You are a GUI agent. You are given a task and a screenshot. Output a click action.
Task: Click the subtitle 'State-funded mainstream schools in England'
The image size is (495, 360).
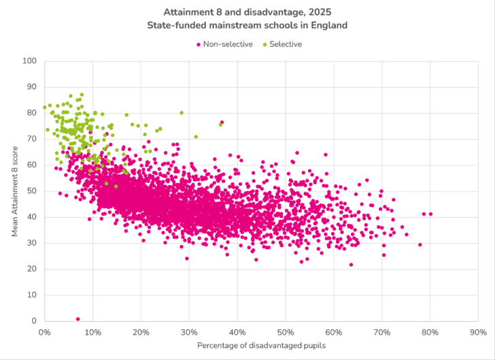pos(247,26)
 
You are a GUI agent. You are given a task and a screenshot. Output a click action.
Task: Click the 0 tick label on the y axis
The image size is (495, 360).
pos(34,321)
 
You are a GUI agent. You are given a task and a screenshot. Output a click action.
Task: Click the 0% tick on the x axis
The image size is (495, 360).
pos(44,333)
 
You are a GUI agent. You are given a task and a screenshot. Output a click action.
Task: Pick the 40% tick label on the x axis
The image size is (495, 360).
pos(237,333)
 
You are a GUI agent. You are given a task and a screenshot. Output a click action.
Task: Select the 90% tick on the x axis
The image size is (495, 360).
pos(478,333)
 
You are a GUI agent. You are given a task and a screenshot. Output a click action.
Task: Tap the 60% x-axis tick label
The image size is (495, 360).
pos(333,333)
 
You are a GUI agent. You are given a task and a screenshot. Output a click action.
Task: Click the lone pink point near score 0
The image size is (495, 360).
pos(78,318)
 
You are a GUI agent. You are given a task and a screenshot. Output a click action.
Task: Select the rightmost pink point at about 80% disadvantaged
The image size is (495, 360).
pos(430,214)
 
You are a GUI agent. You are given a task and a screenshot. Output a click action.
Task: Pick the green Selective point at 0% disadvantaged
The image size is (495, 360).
pos(45,108)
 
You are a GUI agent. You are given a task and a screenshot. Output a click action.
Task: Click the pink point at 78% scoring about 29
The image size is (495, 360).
pos(420,245)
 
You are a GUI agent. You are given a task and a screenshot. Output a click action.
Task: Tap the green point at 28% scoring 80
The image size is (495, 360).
pos(182,113)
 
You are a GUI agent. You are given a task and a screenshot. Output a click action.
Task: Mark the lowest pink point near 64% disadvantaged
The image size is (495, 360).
pos(351,265)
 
